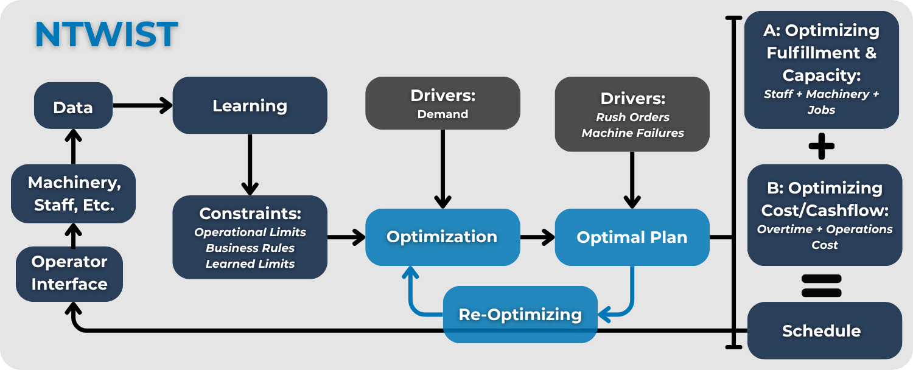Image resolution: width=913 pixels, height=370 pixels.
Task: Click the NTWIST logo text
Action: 107,35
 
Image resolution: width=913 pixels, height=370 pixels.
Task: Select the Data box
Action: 73,108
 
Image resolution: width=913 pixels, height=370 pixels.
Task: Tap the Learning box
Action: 250,105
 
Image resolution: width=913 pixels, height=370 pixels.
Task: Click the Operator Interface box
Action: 69,273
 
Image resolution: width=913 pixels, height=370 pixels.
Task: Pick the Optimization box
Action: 442,237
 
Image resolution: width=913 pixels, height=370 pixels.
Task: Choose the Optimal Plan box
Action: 632,237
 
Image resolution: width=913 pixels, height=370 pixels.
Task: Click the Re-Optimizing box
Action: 520,314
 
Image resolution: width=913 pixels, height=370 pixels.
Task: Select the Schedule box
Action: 821,330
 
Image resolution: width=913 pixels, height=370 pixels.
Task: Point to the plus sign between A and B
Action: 821,147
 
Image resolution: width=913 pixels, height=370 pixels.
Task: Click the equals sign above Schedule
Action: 821,285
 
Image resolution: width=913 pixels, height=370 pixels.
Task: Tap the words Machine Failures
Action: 632,133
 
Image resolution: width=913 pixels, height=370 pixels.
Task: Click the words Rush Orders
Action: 632,117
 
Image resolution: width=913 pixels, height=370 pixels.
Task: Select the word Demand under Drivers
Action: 443,114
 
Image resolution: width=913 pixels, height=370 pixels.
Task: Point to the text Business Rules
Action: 250,248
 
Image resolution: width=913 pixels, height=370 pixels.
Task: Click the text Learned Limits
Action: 250,264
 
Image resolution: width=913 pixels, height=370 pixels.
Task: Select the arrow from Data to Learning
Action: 142,106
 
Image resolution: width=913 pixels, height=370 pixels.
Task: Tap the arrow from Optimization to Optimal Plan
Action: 537,237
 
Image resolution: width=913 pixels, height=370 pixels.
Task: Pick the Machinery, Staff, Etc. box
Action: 73,194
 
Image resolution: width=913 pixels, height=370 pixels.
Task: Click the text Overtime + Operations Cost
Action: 825,237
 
